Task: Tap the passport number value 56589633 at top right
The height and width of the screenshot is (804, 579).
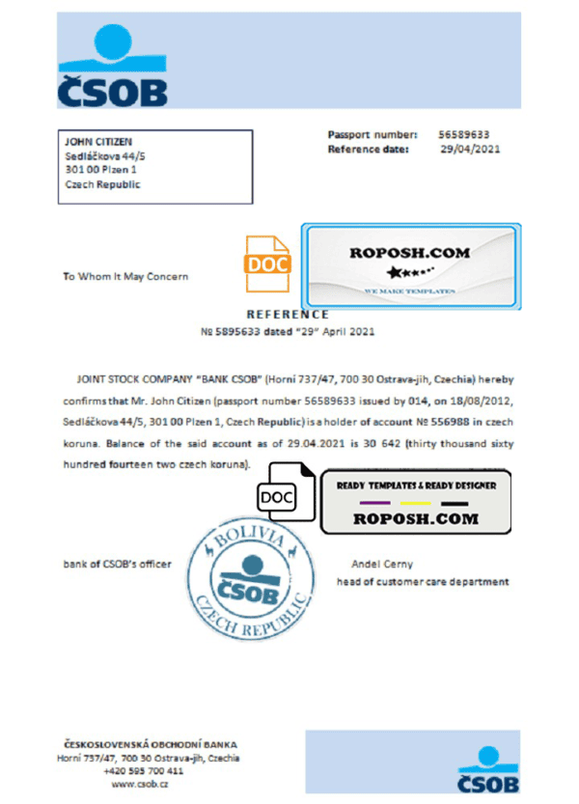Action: click(x=463, y=135)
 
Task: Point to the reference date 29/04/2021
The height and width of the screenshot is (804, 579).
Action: click(x=470, y=150)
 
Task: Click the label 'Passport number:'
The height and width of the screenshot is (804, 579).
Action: click(x=372, y=135)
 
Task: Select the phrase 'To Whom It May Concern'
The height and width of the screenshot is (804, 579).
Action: click(x=125, y=276)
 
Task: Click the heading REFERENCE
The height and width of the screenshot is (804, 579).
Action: click(x=288, y=314)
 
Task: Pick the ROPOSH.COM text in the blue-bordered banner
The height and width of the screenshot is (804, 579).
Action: click(x=409, y=253)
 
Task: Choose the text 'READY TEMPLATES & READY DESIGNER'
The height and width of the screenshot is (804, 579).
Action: click(x=416, y=485)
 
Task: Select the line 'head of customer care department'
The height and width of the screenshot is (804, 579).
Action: click(x=422, y=582)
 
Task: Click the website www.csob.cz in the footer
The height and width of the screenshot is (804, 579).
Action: click(x=135, y=785)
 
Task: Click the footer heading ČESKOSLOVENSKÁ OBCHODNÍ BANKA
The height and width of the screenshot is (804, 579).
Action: click(x=150, y=745)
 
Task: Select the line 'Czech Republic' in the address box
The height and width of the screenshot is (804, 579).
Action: click(x=101, y=184)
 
